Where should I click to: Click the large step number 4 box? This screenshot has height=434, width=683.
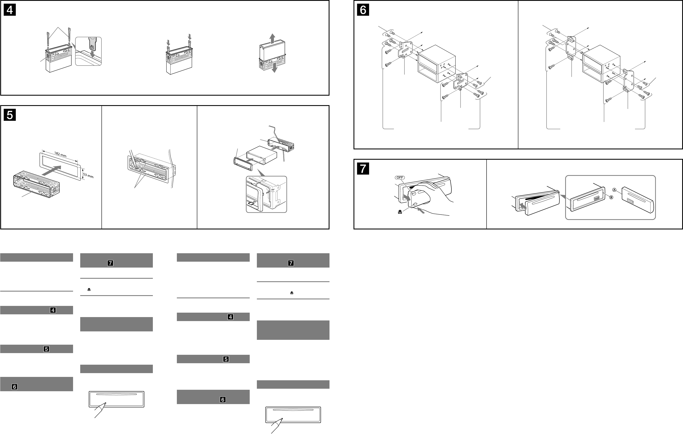point(10,10)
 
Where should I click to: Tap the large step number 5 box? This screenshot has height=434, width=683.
point(10,115)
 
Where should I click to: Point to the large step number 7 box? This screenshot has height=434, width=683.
point(363,169)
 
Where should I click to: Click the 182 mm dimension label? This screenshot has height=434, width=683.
point(60,154)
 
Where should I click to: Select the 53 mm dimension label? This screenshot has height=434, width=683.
point(88,176)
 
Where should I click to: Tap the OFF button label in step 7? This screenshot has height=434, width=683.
point(400,177)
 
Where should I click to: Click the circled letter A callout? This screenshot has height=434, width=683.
point(614,190)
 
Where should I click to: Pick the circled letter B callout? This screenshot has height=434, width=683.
point(611,197)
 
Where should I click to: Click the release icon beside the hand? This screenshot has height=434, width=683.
point(400,212)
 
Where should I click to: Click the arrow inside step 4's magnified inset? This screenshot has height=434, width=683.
point(92,53)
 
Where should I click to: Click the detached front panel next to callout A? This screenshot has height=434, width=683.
point(638,202)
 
